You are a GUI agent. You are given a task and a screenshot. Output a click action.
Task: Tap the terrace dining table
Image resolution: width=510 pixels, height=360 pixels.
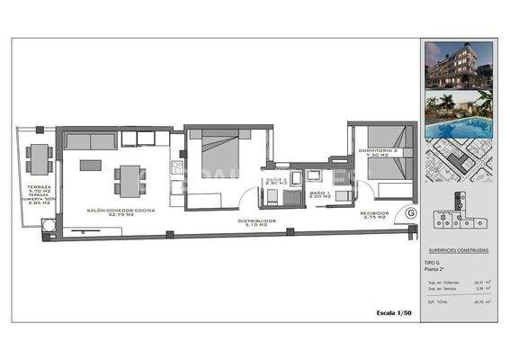39,159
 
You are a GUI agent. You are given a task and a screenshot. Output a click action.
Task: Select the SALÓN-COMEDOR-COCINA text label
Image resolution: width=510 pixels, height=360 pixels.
121,211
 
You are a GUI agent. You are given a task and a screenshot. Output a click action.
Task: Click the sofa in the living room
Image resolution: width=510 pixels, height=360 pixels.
91,140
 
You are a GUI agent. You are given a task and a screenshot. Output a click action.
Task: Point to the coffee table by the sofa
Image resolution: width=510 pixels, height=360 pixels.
91,165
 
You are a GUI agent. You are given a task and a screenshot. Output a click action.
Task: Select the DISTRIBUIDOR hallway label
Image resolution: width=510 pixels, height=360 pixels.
256,222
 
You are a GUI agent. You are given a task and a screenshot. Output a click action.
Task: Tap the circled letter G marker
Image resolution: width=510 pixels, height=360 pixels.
410,214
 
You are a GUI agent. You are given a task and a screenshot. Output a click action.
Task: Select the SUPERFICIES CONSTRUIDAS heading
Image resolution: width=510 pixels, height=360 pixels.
458,252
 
